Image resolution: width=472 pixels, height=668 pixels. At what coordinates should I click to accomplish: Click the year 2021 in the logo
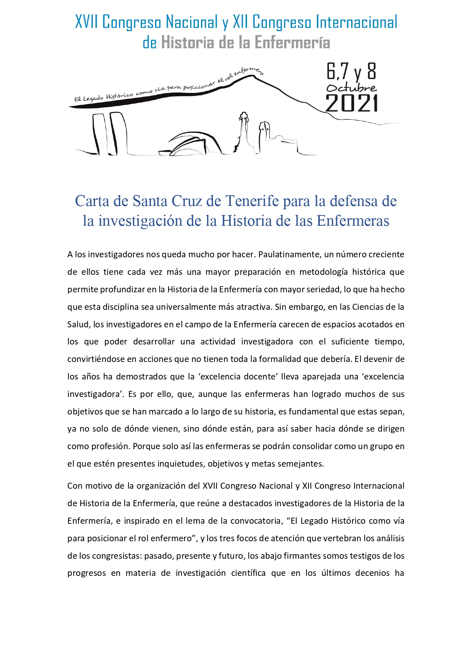(352, 104)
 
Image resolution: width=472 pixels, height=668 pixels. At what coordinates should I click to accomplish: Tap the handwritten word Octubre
(351, 88)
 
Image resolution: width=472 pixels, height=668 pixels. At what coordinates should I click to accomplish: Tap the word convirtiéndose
(100, 359)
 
